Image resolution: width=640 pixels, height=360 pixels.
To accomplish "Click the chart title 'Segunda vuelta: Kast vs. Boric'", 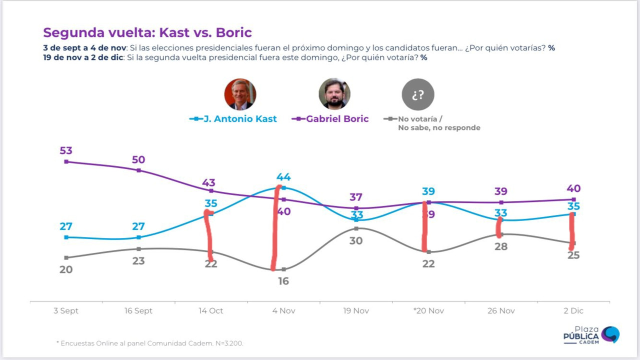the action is (x=147, y=32).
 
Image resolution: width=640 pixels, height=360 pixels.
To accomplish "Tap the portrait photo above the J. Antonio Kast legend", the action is (x=240, y=94).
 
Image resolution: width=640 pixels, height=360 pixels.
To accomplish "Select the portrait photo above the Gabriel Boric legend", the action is (x=334, y=94).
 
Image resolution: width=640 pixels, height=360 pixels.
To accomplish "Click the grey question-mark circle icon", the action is (x=418, y=94).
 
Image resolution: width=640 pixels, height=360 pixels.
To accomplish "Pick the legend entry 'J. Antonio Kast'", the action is (x=233, y=119).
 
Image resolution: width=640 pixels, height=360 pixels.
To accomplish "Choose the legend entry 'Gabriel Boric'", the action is (x=330, y=119).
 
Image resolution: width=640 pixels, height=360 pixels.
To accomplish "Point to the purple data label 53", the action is (x=66, y=150).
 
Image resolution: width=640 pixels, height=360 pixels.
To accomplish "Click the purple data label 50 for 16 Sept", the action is (x=138, y=159).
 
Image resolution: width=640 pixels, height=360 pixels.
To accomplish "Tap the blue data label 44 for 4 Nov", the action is (x=283, y=177).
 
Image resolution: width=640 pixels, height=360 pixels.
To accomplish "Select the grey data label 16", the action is (x=283, y=281).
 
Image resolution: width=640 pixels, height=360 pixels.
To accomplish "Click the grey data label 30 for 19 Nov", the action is (x=356, y=241).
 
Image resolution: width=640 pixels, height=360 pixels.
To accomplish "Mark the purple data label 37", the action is (x=356, y=197).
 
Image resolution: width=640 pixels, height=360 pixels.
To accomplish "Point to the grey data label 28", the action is (x=501, y=246).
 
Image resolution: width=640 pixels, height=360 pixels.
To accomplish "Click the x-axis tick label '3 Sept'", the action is (x=66, y=310).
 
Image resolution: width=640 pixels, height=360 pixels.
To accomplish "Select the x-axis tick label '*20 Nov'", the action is (x=428, y=310).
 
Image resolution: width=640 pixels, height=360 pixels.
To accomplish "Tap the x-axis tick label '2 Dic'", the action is (x=573, y=310).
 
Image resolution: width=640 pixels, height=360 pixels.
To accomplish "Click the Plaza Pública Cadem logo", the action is (x=591, y=335).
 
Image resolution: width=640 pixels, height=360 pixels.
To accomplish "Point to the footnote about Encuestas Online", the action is (x=149, y=343).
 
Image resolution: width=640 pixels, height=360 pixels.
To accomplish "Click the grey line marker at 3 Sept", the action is (x=66, y=257).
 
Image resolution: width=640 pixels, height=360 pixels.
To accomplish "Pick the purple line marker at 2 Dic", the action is (x=573, y=199).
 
